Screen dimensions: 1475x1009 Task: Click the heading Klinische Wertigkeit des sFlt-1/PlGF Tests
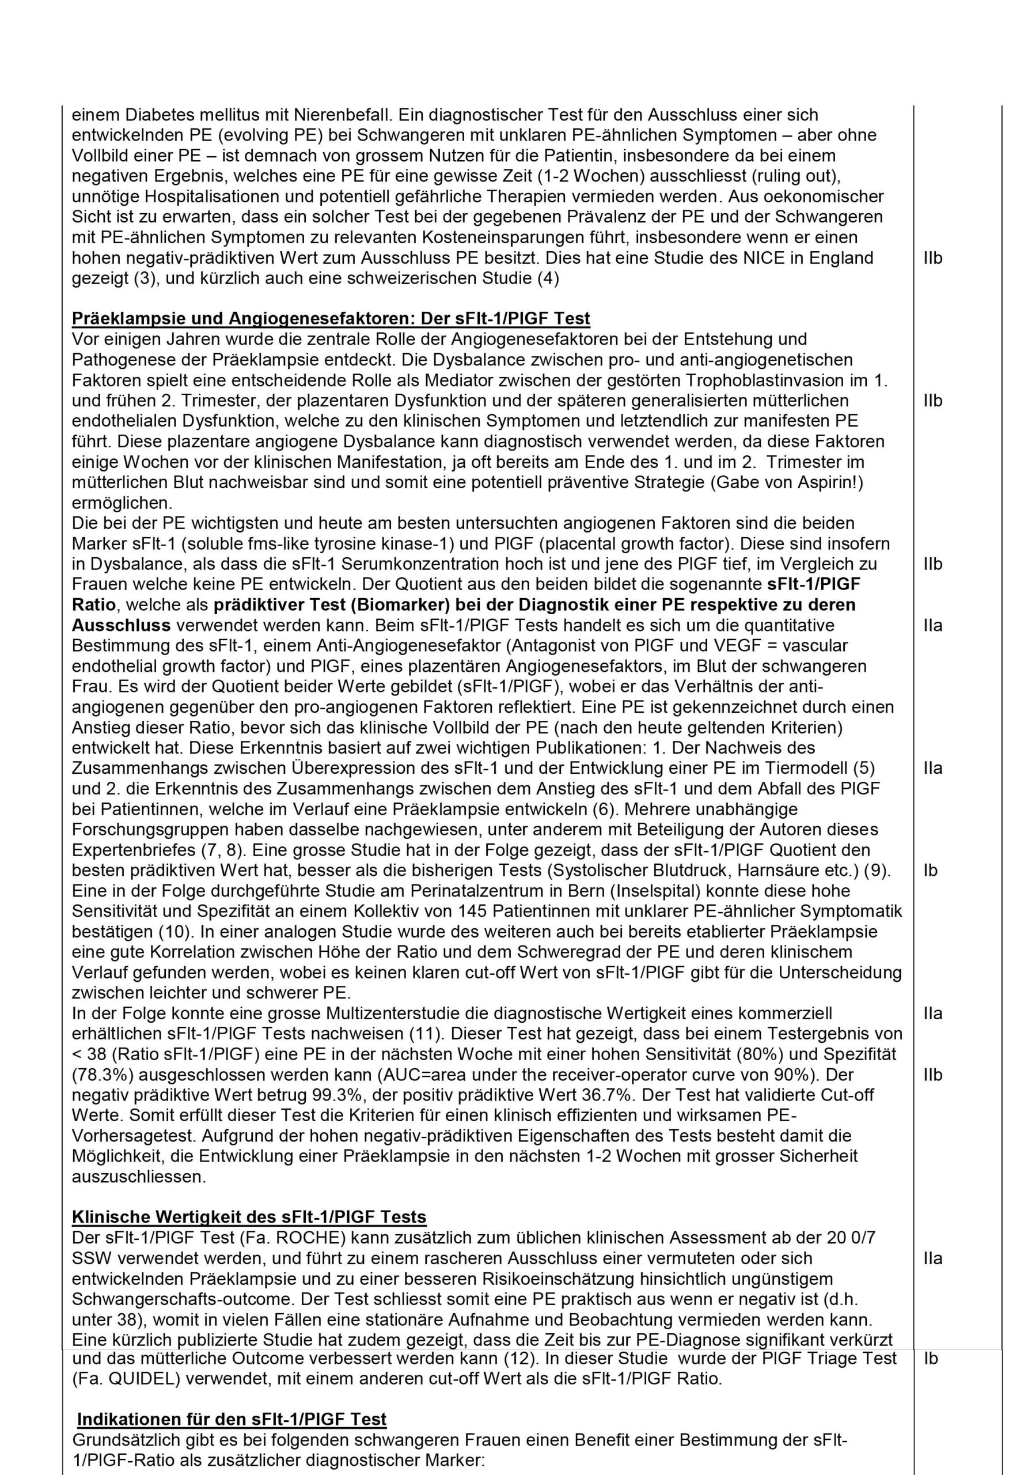pyautogui.click(x=249, y=1217)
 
